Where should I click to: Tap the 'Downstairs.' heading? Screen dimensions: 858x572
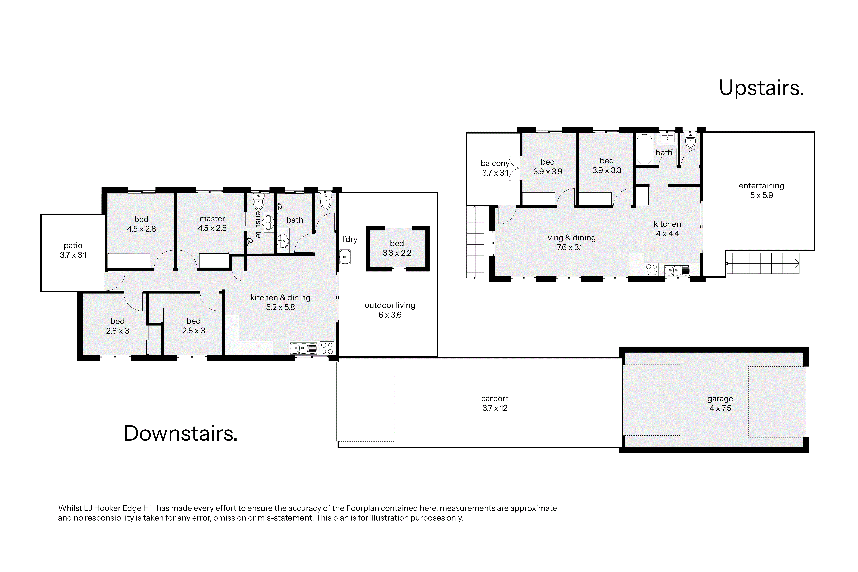[181, 433]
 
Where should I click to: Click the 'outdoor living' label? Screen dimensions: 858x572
[390, 305]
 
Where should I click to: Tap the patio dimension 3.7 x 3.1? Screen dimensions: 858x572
[73, 255]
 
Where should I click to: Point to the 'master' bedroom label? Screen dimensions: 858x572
[212, 218]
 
